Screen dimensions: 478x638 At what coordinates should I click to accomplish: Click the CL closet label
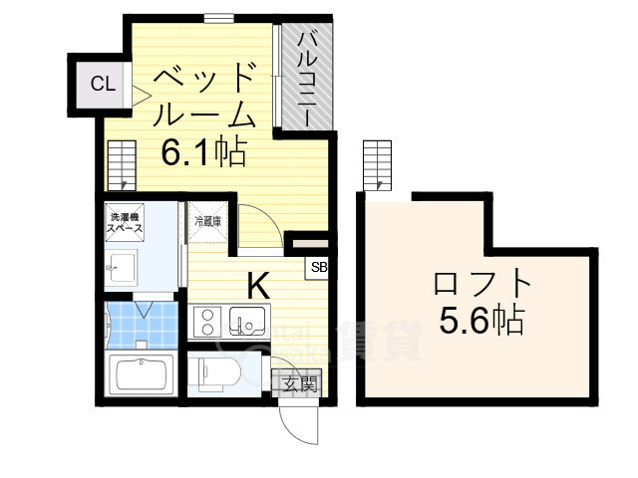(x=103, y=85)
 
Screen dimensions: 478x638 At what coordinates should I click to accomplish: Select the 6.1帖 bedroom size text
(x=205, y=153)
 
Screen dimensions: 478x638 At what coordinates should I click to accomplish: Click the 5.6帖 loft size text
(x=482, y=321)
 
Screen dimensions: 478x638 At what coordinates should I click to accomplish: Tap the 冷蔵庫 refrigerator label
(x=207, y=220)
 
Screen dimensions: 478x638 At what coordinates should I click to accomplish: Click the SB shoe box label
(x=319, y=267)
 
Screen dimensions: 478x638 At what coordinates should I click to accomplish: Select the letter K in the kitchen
(x=258, y=286)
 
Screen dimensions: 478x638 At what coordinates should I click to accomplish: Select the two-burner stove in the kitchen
(x=209, y=322)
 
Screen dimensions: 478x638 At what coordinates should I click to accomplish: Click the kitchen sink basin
(x=247, y=321)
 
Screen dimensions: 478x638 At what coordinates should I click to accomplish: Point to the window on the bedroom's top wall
(x=219, y=16)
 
